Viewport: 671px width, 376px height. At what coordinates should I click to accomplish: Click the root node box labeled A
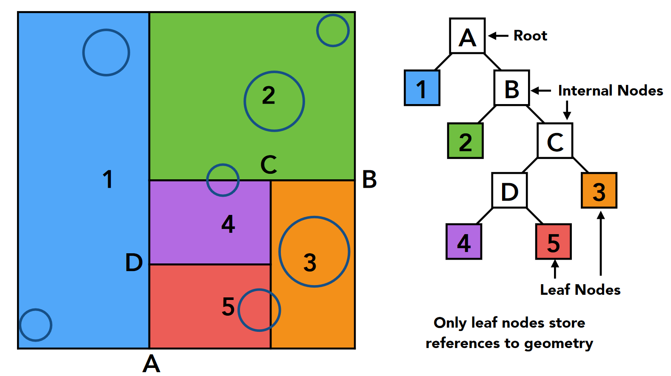point(467,36)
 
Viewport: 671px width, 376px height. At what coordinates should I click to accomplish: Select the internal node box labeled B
point(511,88)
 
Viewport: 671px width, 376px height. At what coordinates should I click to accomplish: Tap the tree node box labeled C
point(555,141)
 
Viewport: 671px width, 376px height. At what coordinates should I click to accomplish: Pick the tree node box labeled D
point(509,190)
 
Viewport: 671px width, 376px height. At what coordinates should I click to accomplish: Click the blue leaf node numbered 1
point(422,88)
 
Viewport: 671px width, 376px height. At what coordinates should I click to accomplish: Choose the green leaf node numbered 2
point(465,141)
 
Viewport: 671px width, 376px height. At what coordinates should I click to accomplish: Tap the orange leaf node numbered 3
point(599,190)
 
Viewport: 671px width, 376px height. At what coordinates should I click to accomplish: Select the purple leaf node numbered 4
point(464,242)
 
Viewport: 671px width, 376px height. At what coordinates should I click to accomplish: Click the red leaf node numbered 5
point(553,242)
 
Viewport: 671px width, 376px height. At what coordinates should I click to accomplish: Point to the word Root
point(530,36)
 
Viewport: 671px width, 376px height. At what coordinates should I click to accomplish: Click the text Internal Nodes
point(610,90)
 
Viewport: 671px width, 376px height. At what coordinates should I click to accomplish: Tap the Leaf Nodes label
point(580,290)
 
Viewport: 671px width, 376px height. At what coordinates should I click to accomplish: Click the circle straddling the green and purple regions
point(223,180)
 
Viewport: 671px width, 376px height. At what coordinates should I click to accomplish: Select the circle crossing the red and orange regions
point(259,310)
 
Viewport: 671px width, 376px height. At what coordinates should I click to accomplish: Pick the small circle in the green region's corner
point(333,31)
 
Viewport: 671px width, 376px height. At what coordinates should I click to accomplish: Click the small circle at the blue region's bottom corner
point(36,325)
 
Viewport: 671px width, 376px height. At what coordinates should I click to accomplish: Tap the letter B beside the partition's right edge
point(369,179)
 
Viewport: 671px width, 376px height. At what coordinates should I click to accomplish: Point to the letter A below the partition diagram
point(151,364)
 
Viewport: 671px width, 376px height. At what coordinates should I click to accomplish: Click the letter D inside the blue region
point(134,262)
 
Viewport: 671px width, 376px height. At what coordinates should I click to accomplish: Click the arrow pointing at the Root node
point(498,36)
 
